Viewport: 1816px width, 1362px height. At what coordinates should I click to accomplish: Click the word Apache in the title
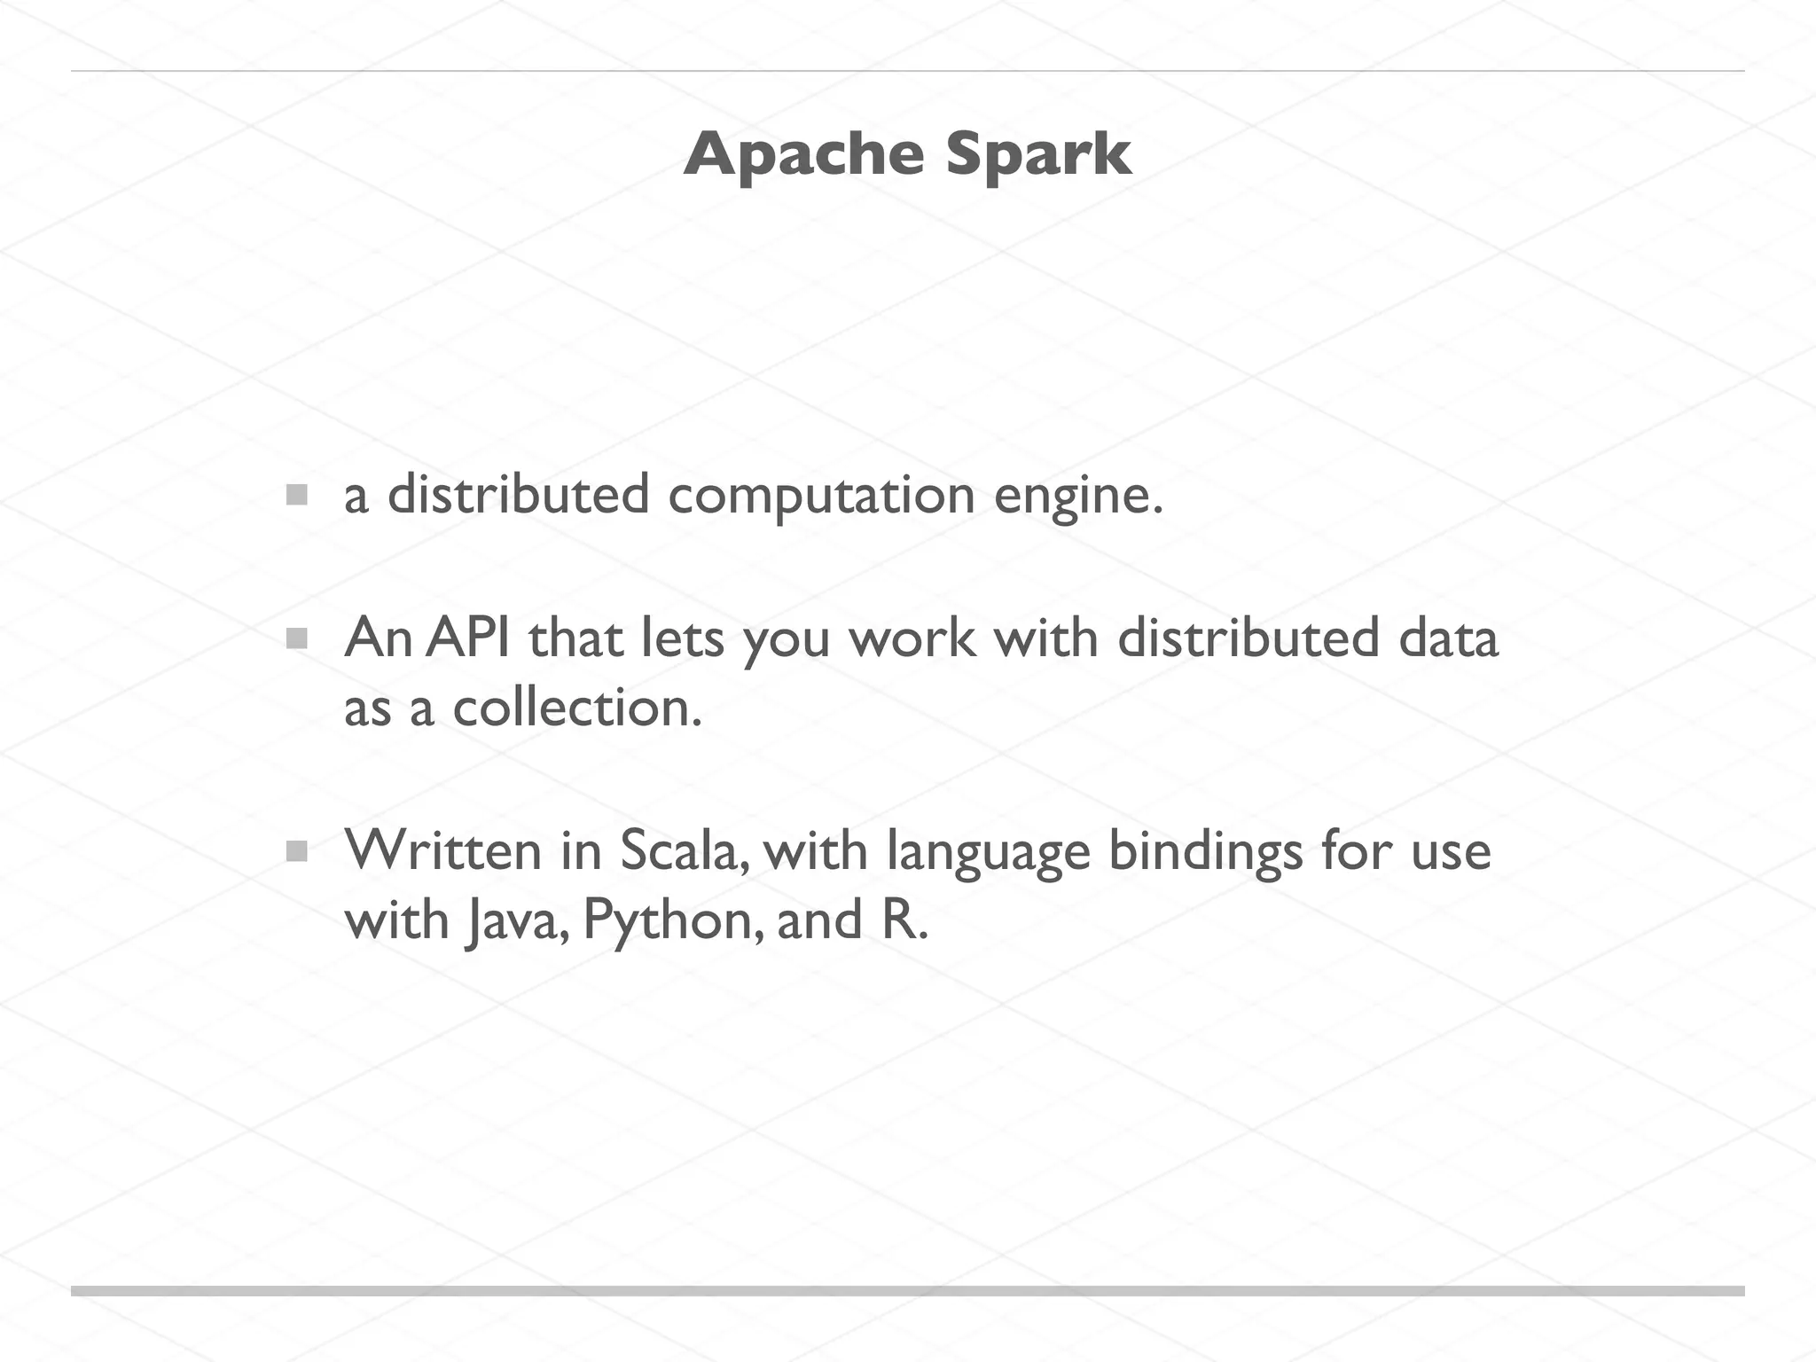click(x=803, y=156)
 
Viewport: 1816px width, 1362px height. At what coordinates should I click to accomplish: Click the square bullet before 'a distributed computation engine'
click(x=297, y=495)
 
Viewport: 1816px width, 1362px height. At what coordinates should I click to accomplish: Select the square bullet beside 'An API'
click(x=297, y=638)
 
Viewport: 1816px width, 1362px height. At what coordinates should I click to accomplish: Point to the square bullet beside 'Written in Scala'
click(x=297, y=852)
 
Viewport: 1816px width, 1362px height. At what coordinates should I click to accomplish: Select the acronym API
click(x=467, y=638)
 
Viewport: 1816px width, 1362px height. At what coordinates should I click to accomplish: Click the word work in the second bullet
click(x=912, y=638)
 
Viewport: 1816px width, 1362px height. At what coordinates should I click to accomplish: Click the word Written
click(x=442, y=850)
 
